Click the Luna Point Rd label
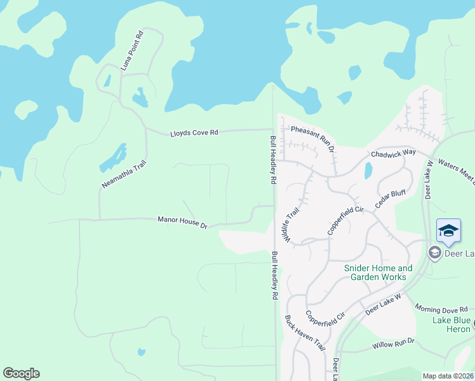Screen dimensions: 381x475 click(x=132, y=51)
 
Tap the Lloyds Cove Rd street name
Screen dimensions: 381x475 click(x=194, y=133)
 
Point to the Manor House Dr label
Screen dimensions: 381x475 click(x=182, y=222)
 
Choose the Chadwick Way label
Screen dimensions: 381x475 click(x=393, y=153)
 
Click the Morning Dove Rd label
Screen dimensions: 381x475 click(x=444, y=308)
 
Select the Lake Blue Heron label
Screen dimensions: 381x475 click(x=452, y=324)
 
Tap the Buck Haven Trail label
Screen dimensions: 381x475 click(x=305, y=333)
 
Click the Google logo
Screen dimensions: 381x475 click(x=21, y=373)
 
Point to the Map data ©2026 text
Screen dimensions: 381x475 click(x=448, y=376)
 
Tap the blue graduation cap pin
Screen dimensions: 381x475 click(x=448, y=231)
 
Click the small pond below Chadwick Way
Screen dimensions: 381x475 click(x=368, y=170)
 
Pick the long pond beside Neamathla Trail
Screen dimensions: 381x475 click(x=112, y=158)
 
